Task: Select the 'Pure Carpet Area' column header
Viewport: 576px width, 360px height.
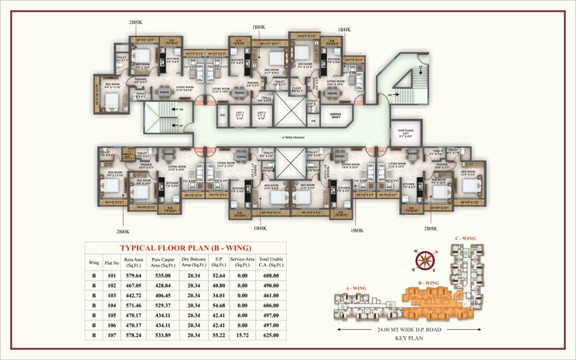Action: [162, 262]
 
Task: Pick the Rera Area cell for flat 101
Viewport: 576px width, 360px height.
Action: [133, 274]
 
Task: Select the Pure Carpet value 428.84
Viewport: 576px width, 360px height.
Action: [162, 285]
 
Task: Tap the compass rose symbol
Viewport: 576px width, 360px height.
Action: [424, 261]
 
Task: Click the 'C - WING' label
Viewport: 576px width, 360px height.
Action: [466, 238]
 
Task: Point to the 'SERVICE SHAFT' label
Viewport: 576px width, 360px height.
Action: [336, 115]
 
